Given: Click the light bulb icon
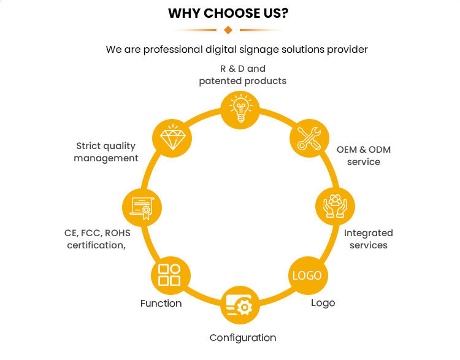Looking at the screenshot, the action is [240, 108].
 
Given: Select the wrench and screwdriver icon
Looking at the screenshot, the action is [309, 138].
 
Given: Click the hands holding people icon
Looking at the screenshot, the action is [335, 206].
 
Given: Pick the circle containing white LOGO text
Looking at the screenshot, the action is [308, 275].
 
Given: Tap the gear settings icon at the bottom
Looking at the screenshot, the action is [240, 305].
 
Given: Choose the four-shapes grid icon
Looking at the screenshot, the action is [169, 275].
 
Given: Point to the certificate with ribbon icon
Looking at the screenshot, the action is [142, 208].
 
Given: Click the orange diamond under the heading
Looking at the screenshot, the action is [228, 30].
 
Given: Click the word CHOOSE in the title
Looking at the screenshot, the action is [232, 13].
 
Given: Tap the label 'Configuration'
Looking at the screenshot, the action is [243, 338].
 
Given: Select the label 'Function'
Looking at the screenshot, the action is [161, 303].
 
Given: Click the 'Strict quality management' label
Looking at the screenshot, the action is [106, 152].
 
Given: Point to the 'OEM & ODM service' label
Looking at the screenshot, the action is [364, 156].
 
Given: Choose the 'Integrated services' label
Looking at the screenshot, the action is [369, 239].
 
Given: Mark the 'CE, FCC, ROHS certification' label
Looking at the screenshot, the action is [98, 239].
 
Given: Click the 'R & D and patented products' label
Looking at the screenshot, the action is [243, 75].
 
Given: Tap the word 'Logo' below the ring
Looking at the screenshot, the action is [323, 303].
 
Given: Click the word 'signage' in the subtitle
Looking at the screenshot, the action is [259, 50].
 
